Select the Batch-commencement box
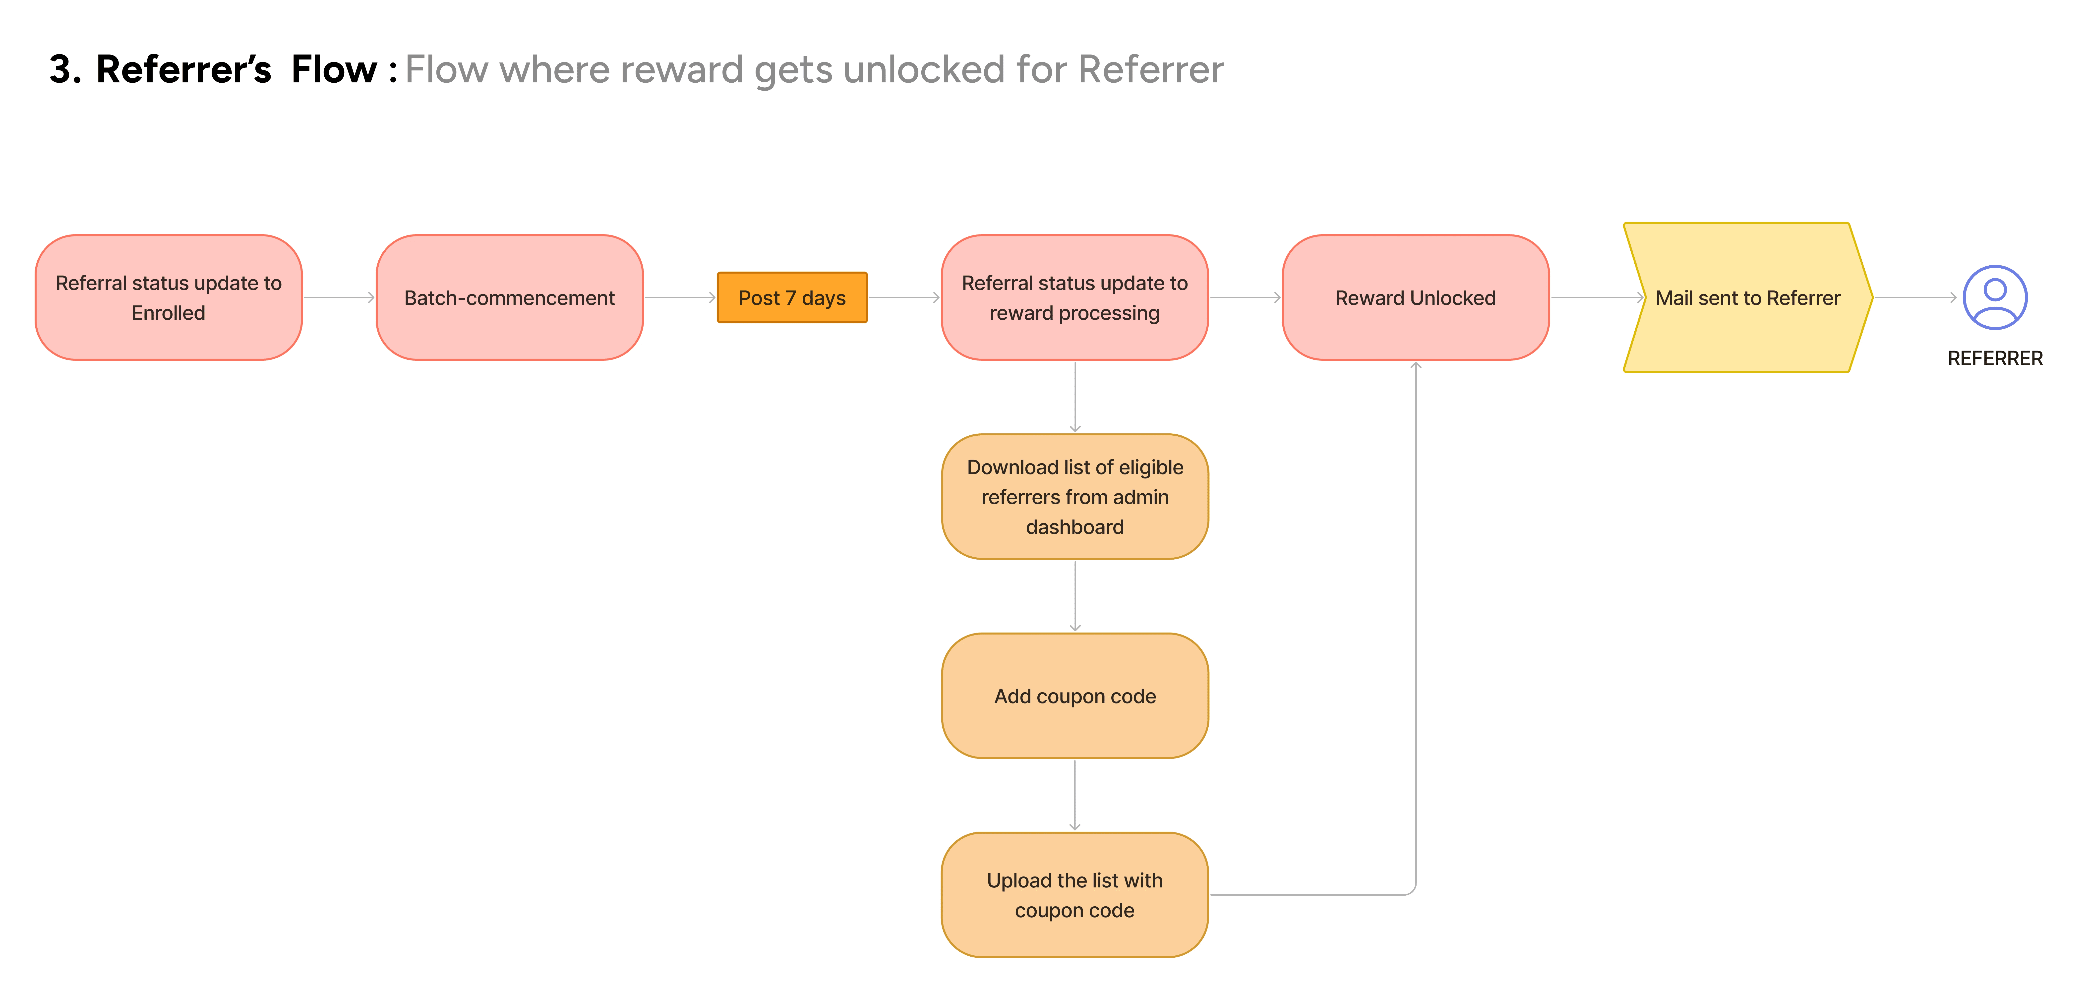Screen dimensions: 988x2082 [509, 297]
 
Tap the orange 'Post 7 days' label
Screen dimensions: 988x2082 [792, 297]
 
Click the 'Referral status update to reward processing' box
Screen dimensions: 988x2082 [1074, 297]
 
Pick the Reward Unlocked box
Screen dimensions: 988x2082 [1415, 297]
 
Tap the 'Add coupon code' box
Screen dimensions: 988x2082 [1074, 696]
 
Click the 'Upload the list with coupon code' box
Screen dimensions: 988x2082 [1074, 894]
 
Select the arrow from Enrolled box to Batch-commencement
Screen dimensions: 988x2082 [340, 297]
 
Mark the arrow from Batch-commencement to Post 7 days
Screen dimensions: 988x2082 [681, 297]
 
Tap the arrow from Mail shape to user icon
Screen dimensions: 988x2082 [1915, 297]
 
